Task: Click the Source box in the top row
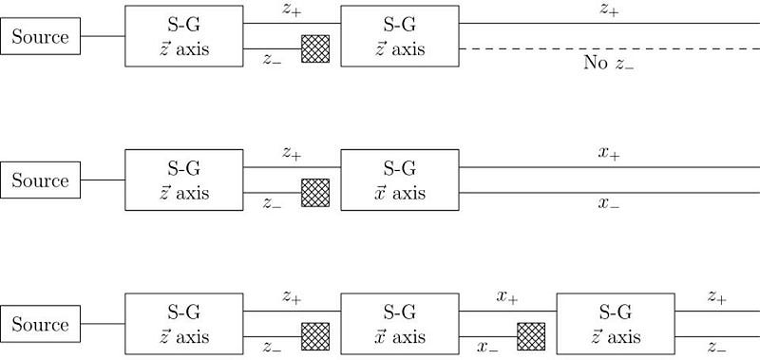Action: click(x=40, y=36)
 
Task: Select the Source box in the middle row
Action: click(x=40, y=180)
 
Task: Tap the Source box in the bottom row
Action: click(x=40, y=324)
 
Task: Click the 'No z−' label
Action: click(x=609, y=63)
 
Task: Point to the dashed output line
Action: click(x=609, y=49)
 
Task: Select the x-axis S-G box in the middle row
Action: click(x=400, y=180)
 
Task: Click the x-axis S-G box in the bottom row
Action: click(x=400, y=324)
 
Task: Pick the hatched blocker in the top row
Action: click(x=315, y=49)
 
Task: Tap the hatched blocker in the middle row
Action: click(x=315, y=193)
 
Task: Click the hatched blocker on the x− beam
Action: click(x=531, y=337)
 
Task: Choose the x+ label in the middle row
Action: click(x=609, y=154)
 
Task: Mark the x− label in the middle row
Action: click(x=609, y=203)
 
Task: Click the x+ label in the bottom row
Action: click(x=507, y=297)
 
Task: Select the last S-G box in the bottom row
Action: click(x=616, y=324)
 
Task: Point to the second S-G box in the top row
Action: click(x=400, y=36)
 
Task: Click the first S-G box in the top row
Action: click(x=184, y=36)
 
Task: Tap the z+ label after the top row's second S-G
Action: click(x=609, y=10)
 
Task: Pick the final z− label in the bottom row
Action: click(x=717, y=348)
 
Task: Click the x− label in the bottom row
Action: click(x=487, y=348)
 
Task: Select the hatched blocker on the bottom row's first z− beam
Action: click(x=315, y=337)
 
